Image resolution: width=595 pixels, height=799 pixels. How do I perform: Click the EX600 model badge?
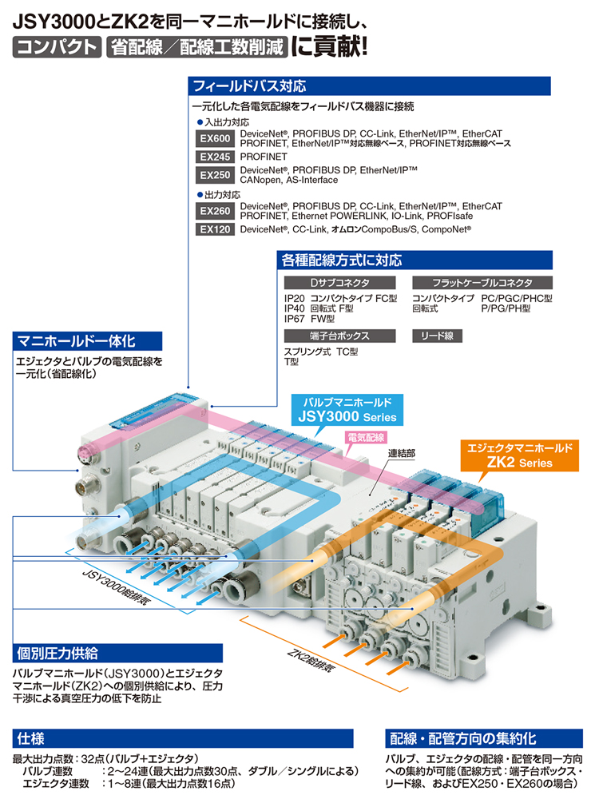(215, 138)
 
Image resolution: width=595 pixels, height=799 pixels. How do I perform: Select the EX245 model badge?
(215, 157)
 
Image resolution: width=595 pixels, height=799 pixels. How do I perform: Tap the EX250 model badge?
(215, 175)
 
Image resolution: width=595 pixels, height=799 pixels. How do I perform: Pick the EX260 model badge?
(215, 211)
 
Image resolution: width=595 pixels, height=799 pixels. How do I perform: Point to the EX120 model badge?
(215, 229)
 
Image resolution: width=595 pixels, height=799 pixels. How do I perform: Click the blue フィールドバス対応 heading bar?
(369, 86)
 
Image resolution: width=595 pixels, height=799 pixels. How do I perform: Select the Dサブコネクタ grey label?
(339, 283)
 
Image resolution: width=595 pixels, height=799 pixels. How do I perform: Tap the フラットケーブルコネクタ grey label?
(482, 283)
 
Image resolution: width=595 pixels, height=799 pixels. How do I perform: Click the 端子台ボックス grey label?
(339, 336)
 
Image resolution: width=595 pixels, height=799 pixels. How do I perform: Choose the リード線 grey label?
(437, 336)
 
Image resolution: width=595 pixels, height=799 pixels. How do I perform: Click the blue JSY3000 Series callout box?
(347, 410)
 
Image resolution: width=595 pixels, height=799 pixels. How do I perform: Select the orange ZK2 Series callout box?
(520, 455)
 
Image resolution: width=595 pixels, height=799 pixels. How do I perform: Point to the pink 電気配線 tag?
(367, 437)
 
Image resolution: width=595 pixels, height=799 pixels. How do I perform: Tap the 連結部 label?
(402, 453)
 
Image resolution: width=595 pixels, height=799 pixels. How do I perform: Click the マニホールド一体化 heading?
(87, 341)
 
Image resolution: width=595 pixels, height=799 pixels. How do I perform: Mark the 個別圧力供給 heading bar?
(117, 654)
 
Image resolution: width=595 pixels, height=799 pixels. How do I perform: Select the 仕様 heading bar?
(183, 738)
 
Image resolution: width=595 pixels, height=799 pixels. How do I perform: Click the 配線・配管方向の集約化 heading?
(484, 738)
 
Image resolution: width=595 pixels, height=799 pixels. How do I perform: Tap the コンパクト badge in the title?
(57, 47)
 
